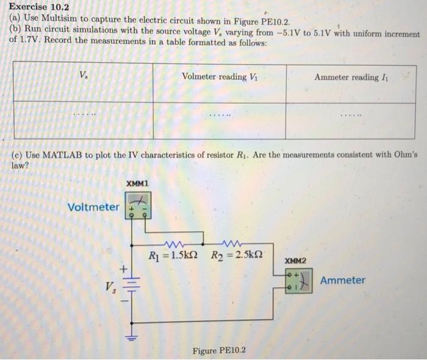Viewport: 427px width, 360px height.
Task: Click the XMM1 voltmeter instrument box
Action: [x=138, y=205]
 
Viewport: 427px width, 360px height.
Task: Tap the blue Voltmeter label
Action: [x=94, y=207]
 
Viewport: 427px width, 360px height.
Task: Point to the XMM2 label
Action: [x=295, y=261]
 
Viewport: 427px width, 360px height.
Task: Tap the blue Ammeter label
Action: [x=343, y=280]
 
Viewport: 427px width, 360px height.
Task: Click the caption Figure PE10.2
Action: [x=219, y=350]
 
